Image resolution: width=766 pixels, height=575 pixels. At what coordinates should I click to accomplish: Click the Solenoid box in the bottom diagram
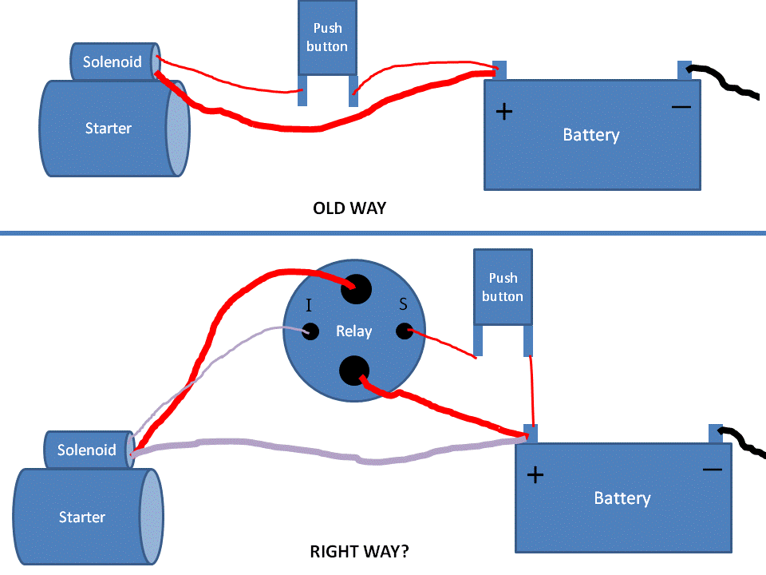87,450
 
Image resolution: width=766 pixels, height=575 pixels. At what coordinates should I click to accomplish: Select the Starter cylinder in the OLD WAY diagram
109,128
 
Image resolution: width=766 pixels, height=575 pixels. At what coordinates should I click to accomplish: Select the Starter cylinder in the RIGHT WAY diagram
82,517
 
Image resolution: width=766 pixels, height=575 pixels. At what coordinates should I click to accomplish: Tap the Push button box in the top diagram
327,38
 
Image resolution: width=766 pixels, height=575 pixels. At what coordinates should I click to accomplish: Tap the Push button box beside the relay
503,287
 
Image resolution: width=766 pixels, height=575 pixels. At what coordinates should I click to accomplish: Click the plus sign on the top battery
503,111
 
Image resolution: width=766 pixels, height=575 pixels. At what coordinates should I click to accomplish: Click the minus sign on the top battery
681,106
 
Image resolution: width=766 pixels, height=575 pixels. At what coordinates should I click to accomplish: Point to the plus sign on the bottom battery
535,475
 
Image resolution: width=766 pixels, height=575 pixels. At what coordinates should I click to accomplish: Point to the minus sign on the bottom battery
713,470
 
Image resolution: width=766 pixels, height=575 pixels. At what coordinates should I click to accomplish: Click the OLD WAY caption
349,209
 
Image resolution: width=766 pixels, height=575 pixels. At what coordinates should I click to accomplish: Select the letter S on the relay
403,303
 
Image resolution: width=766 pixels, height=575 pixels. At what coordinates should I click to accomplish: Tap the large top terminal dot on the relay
356,288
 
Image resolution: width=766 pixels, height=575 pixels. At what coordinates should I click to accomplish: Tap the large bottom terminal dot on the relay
354,370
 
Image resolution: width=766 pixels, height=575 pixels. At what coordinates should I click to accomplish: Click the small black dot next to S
405,331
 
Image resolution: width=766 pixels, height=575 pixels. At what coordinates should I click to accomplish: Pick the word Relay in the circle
354,331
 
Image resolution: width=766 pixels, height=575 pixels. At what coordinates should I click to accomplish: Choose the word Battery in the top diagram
591,135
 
